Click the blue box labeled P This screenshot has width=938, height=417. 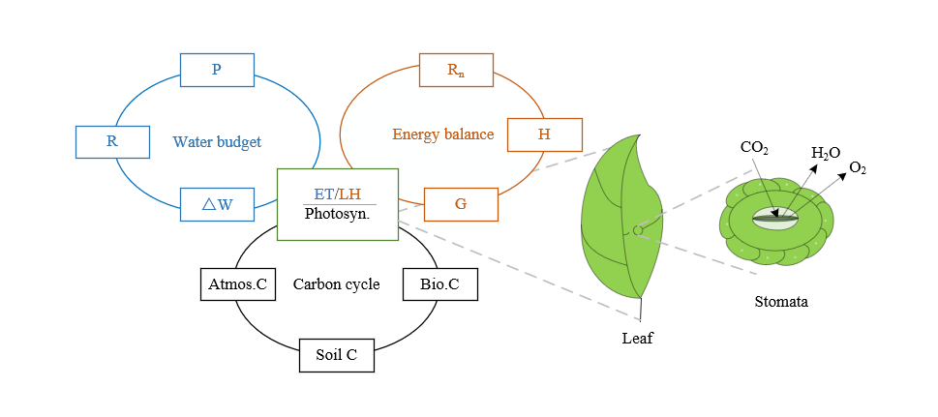217,70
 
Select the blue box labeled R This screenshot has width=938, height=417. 112,141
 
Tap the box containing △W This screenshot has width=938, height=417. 217,204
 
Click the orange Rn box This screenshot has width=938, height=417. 456,70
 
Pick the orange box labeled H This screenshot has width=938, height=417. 544,134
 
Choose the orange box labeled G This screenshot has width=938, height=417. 461,204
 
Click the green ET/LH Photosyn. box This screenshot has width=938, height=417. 337,204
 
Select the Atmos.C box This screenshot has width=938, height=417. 237,284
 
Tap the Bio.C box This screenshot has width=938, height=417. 439,284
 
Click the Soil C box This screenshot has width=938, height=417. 337,355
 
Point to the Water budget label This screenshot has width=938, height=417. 217,142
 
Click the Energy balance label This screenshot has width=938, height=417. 442,134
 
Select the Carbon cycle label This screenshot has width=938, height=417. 336,284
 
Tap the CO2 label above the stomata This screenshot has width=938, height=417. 754,148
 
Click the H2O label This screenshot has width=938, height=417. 826,153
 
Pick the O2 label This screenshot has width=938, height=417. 858,168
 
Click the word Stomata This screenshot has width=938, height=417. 781,302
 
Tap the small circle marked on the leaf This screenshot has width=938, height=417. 637,230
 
